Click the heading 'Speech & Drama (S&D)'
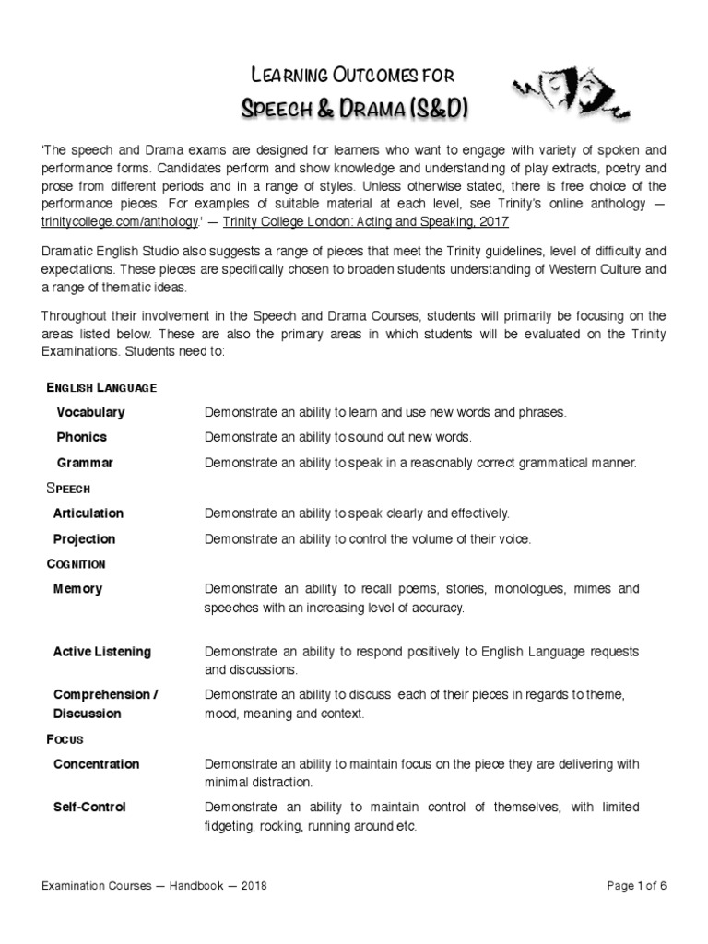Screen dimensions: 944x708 (x=353, y=109)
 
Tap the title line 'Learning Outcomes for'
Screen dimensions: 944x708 (x=353, y=75)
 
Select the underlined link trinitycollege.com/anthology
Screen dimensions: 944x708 (x=119, y=222)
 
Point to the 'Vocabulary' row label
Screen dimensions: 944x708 (x=90, y=412)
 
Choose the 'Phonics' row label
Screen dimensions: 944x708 (x=82, y=437)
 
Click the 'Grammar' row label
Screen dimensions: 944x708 (x=85, y=463)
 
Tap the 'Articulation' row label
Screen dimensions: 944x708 (x=88, y=513)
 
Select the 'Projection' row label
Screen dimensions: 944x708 (x=85, y=539)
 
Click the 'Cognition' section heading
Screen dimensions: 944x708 (x=76, y=563)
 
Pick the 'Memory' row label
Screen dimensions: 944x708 (x=78, y=589)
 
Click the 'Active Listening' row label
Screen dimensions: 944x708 (x=102, y=652)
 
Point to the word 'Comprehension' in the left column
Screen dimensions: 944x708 (x=102, y=694)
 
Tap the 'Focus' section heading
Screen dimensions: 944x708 (x=65, y=739)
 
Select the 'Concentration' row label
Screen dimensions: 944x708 (x=97, y=764)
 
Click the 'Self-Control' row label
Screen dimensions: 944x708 (x=90, y=808)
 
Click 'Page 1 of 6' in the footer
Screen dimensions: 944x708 (x=636, y=886)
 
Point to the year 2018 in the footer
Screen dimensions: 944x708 (x=252, y=886)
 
